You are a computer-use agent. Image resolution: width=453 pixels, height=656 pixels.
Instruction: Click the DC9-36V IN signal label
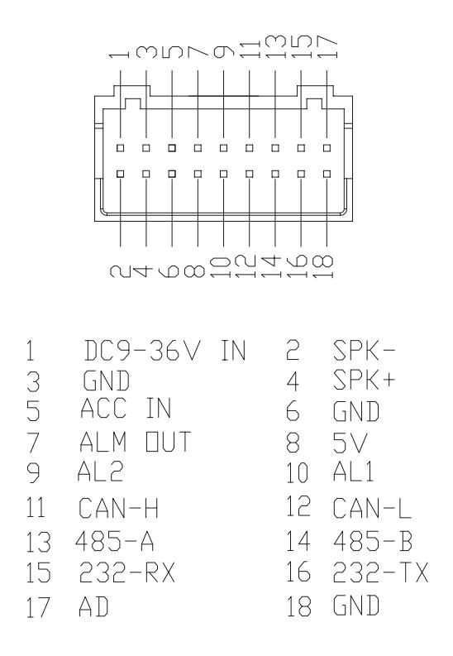pos(165,351)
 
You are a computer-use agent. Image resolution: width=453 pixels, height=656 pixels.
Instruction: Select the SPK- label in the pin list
pos(364,351)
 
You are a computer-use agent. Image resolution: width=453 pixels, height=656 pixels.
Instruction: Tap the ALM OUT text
pos(135,442)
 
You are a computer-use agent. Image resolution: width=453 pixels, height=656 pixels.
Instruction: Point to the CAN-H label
pos(118,507)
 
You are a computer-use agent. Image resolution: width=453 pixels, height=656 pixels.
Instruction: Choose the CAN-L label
pos(372,507)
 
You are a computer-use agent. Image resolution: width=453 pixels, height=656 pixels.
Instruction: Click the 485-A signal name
pos(115,540)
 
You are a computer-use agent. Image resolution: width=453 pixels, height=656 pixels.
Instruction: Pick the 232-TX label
pos(381,572)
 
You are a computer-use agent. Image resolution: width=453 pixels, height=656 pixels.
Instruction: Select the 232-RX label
pos(127,572)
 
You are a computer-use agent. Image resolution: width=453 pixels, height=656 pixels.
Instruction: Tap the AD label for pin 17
pos(93,606)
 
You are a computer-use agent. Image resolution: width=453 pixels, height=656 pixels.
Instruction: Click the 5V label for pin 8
pos(350,443)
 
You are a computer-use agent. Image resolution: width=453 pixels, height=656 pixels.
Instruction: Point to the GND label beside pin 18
pos(356,605)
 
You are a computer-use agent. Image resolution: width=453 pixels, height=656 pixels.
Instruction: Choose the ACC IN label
pos(126,408)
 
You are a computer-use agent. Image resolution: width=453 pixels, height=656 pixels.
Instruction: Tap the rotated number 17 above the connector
pos(327,46)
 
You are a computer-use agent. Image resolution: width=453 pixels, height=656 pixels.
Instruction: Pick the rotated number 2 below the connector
pos(121,271)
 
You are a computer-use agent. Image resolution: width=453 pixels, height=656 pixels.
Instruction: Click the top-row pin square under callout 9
pos(223,148)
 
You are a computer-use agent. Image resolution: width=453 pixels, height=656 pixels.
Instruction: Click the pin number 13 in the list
pos(39,542)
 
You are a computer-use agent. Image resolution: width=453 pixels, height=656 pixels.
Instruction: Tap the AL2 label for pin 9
pos(100,471)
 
